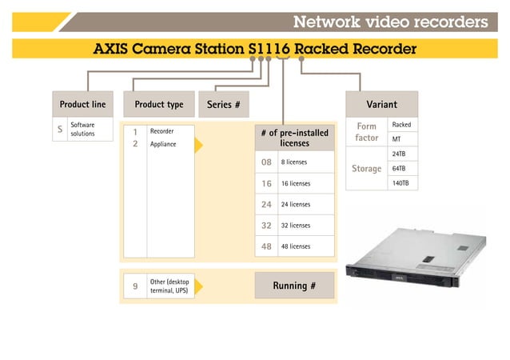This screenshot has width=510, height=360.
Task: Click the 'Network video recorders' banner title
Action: click(x=389, y=21)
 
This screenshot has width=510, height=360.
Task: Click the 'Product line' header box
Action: click(x=82, y=105)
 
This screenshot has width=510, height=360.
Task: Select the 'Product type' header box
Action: click(x=158, y=105)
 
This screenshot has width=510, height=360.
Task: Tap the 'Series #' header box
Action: click(x=224, y=105)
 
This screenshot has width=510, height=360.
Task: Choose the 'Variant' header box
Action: click(x=381, y=105)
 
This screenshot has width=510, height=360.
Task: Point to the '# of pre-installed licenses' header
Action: click(x=294, y=138)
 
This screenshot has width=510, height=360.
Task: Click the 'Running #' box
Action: click(x=294, y=286)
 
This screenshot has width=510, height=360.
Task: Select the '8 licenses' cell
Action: click(x=305, y=162)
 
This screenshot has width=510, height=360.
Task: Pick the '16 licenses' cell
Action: click(x=305, y=183)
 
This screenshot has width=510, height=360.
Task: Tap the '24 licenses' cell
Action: click(x=305, y=205)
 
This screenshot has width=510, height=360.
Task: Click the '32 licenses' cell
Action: click(x=305, y=226)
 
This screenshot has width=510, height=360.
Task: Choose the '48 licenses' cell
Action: click(x=305, y=246)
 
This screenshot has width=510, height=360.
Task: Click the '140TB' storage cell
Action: click(x=401, y=183)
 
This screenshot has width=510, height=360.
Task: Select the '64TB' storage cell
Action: click(x=401, y=168)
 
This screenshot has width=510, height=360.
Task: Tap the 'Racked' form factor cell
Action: click(x=401, y=125)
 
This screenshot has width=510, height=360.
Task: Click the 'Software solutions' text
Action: click(x=83, y=130)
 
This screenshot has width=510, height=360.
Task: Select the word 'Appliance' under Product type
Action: click(x=163, y=145)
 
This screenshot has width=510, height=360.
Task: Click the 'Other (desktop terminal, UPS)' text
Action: click(x=169, y=286)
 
